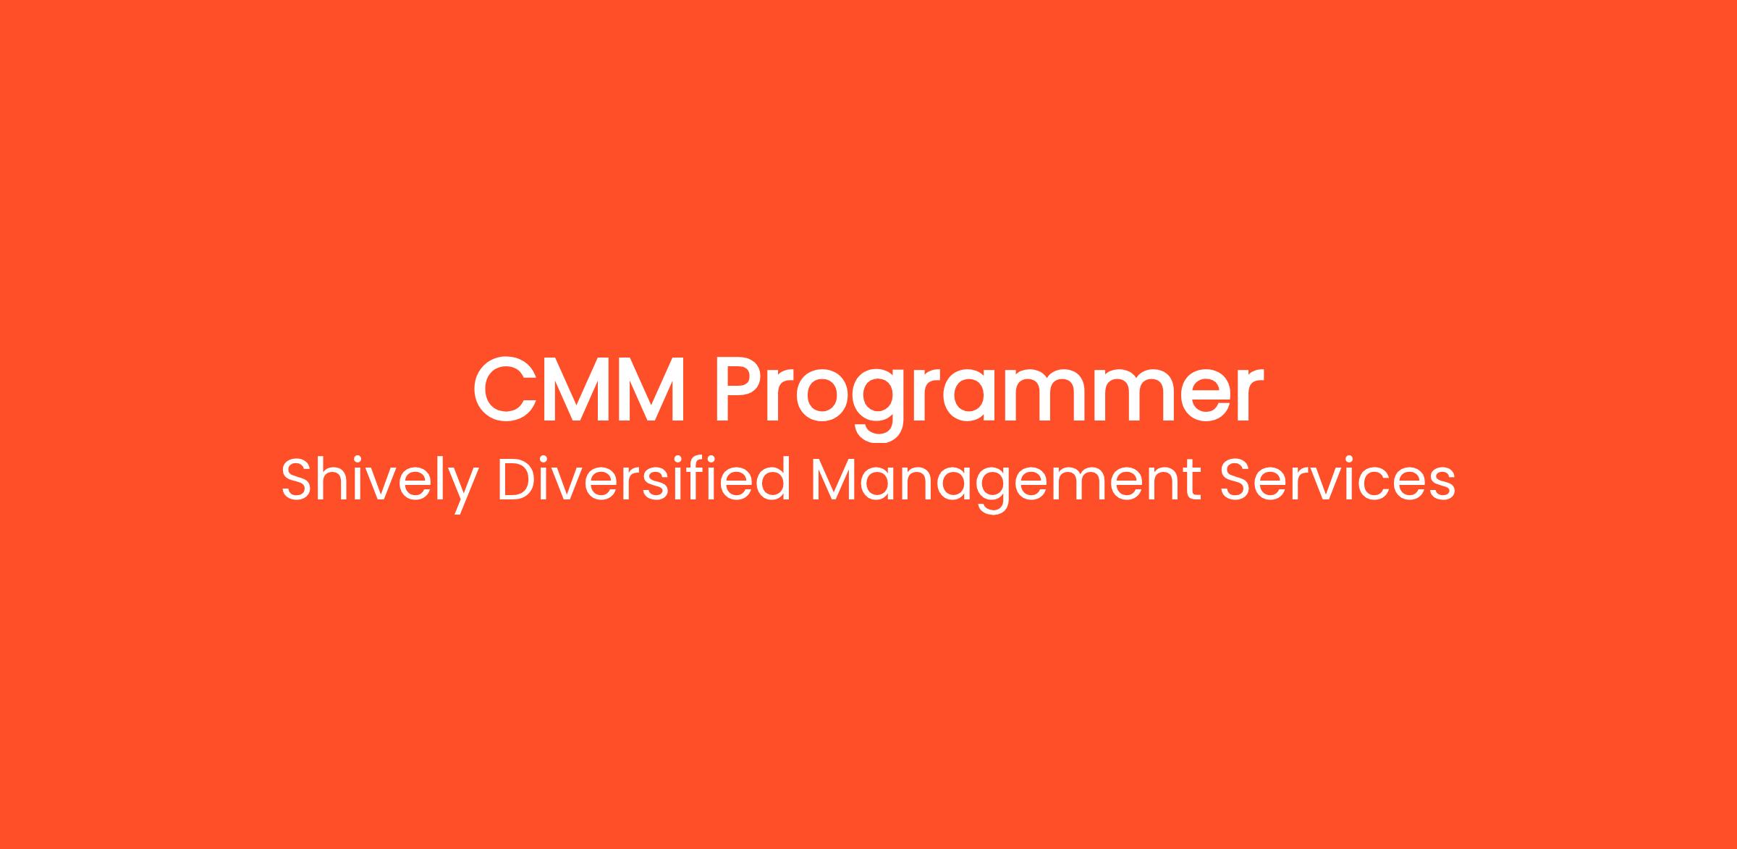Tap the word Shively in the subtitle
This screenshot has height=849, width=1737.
point(381,481)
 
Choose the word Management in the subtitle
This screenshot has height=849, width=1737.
point(1005,484)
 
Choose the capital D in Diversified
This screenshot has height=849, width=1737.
point(520,479)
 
